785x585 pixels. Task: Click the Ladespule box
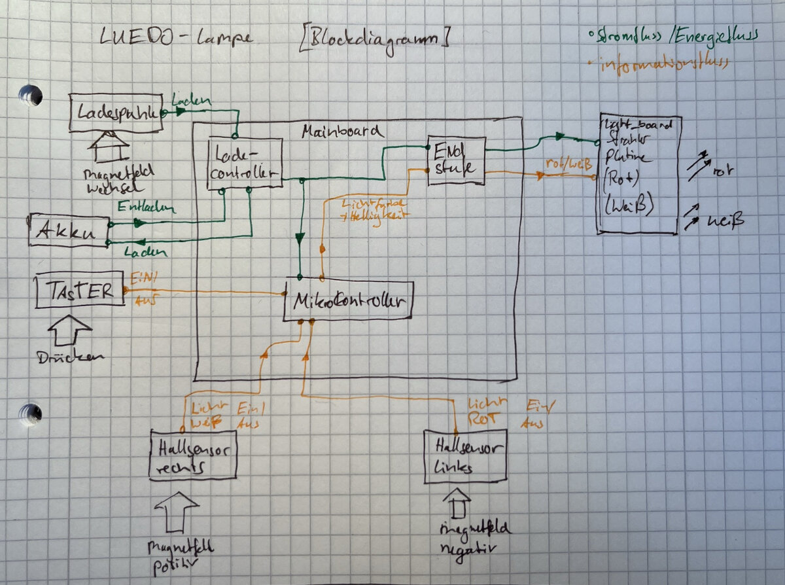(115, 113)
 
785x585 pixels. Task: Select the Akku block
(68, 230)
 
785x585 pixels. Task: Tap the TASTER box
(79, 289)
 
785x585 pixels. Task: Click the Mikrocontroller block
(349, 302)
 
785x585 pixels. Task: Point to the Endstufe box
(456, 160)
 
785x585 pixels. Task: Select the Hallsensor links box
(466, 457)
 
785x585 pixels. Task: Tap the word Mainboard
(342, 131)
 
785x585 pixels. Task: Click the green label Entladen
(147, 209)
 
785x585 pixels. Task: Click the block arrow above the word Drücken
(71, 332)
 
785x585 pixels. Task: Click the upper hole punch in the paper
(30, 96)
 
